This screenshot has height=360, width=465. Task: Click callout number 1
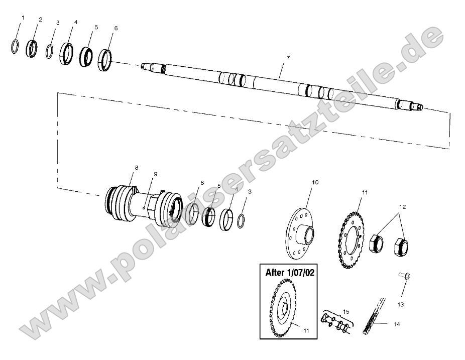point(22,18)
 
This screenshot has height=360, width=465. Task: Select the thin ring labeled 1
point(16,47)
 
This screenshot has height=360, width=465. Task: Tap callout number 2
point(40,20)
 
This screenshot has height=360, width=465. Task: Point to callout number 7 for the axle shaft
point(288,58)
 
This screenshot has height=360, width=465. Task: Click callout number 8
point(137,167)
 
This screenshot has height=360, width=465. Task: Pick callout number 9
point(155,174)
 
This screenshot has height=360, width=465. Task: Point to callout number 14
point(397,324)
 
